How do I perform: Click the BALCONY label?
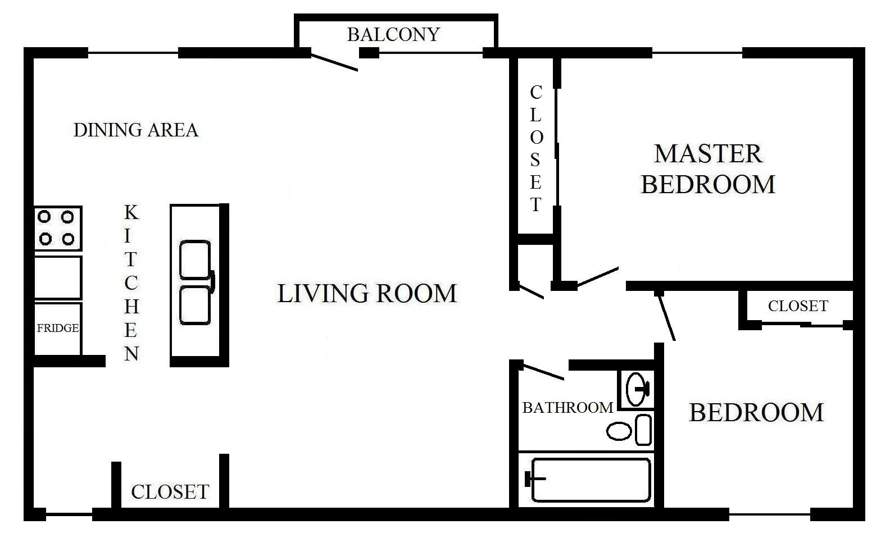tap(393, 35)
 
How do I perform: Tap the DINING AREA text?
tap(136, 130)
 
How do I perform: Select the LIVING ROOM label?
tap(367, 293)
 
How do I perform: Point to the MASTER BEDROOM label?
tap(708, 169)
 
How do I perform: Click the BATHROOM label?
tap(568, 408)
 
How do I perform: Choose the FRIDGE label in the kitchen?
tap(58, 328)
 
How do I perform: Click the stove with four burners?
tap(58, 229)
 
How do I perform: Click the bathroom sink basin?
tap(635, 389)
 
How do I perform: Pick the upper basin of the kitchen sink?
tap(194, 259)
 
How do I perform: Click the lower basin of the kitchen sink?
tap(194, 305)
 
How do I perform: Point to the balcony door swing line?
tap(334, 62)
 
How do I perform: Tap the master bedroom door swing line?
tap(598, 276)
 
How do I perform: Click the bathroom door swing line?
tap(543, 372)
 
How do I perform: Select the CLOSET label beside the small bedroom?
tap(798, 306)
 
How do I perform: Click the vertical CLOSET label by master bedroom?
tap(535, 148)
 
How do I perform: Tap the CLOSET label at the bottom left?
tap(170, 492)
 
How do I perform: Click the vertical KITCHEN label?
tap(131, 283)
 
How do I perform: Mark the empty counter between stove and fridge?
tap(58, 277)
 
